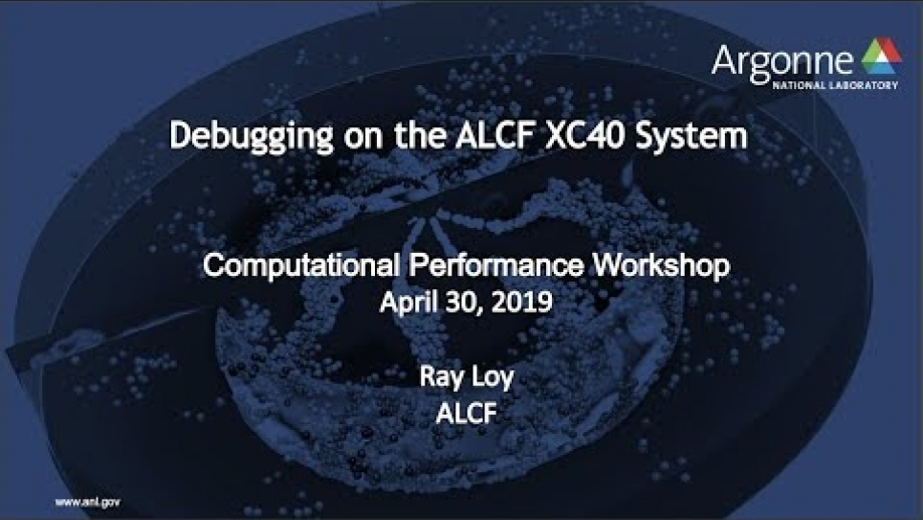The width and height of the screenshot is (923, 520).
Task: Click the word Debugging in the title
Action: (251, 137)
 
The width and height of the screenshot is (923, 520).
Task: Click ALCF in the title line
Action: (495, 135)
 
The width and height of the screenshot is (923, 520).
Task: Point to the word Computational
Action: (301, 266)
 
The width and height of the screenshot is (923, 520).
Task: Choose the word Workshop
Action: (661, 266)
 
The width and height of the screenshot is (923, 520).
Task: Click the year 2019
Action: (521, 303)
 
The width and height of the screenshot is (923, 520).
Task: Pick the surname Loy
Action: (494, 377)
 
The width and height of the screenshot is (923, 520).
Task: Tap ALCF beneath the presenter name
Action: (466, 414)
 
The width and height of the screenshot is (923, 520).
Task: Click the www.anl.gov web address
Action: (88, 503)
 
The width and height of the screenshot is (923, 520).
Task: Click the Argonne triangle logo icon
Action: (881, 57)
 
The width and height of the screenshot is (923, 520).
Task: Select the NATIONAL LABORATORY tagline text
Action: (835, 85)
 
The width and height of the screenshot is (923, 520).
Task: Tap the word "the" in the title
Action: (420, 135)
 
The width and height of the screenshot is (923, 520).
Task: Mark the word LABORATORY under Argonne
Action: (862, 85)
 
